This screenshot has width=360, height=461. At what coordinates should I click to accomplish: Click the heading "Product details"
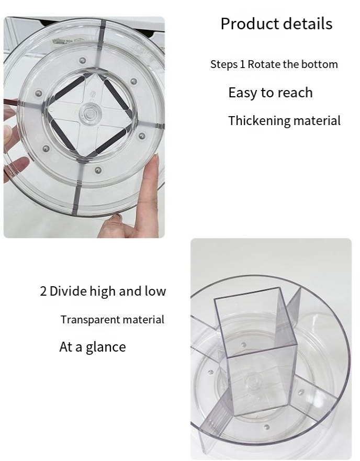tap(276, 24)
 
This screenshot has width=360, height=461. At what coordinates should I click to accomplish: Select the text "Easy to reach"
tap(271, 93)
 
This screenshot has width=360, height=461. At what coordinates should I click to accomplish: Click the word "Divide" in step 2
tap(68, 291)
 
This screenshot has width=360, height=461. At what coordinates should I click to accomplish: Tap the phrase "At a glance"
tap(93, 347)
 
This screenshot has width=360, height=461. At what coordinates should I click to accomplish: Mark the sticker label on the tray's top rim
tap(62, 41)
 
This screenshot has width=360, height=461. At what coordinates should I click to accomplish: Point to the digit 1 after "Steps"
tap(242, 64)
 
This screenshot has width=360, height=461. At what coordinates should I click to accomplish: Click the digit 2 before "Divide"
tap(43, 291)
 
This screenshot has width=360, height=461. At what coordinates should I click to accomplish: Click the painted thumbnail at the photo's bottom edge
tap(116, 218)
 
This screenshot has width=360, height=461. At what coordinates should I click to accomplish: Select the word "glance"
tap(106, 347)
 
